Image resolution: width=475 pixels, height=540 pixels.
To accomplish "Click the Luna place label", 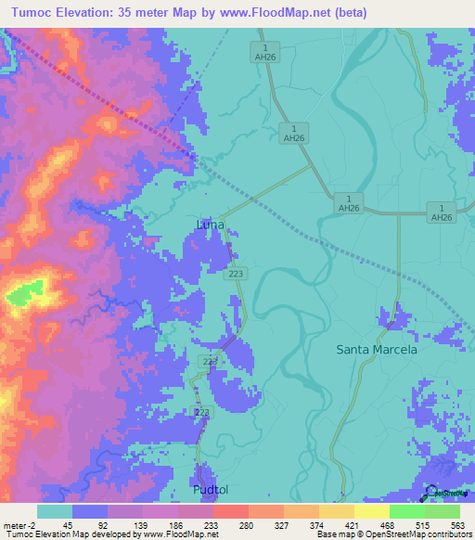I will tap(211, 225).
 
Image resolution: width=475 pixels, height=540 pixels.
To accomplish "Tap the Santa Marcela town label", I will tap(377, 350).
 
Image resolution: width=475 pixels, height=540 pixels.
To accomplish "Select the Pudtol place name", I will tap(210, 488).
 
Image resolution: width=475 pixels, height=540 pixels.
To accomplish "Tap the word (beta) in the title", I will tap(350, 13).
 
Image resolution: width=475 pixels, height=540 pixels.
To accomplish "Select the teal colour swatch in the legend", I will tap(54, 511).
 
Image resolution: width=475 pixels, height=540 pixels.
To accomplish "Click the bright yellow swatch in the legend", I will tap(371, 511).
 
